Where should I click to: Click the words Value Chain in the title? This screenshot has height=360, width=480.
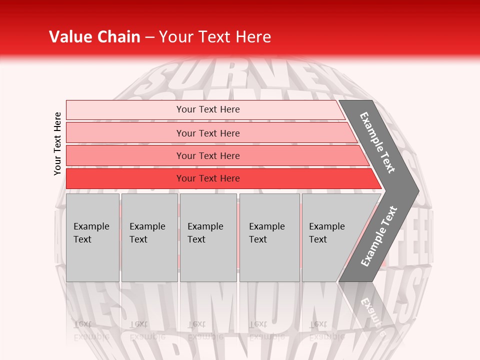[x=94, y=37]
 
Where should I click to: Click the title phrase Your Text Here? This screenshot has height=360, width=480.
[x=215, y=37]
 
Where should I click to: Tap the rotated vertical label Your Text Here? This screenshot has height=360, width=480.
[x=57, y=143]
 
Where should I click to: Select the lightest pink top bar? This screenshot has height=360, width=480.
[x=125, y=109]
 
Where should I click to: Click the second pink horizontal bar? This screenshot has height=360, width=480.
[x=125, y=133]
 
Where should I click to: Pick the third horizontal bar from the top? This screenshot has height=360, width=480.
[x=125, y=155]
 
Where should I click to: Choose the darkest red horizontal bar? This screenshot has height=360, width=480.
[x=125, y=178]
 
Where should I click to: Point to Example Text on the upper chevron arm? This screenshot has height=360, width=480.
[x=377, y=142]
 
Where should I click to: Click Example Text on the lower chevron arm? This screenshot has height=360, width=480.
[x=379, y=236]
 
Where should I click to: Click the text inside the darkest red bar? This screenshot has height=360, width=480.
[x=208, y=178]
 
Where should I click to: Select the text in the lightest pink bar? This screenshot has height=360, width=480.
[x=208, y=109]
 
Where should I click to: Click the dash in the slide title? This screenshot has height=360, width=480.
[x=149, y=37]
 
